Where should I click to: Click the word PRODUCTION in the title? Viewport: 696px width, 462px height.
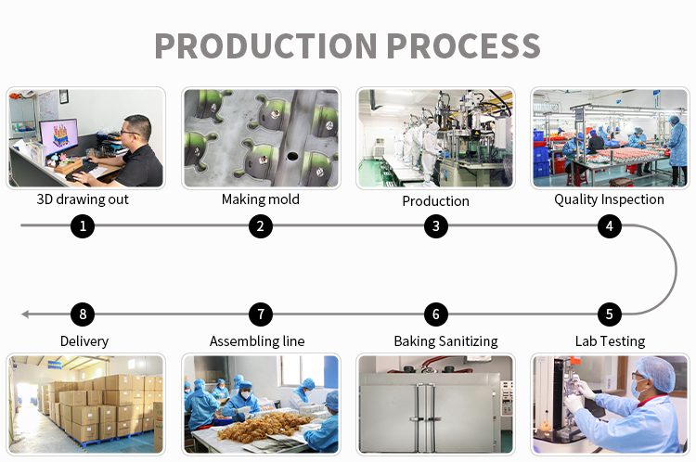click(x=265, y=45)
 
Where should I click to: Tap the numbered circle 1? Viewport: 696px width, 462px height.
click(x=83, y=225)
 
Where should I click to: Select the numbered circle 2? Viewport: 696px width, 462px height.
click(x=261, y=225)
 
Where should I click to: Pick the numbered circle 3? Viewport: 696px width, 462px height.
click(x=435, y=225)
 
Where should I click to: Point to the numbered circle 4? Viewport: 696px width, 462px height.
click(x=609, y=225)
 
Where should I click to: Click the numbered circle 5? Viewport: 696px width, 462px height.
click(x=609, y=314)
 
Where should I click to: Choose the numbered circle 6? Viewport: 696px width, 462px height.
click(x=435, y=314)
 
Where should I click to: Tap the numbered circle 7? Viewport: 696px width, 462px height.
click(x=261, y=314)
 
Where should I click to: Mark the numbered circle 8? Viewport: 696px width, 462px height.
click(x=83, y=314)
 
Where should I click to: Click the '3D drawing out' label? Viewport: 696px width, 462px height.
click(x=83, y=199)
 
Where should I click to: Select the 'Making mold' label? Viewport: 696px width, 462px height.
click(x=261, y=199)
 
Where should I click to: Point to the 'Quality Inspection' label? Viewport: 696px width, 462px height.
click(x=609, y=199)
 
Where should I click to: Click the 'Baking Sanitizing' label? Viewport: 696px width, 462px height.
click(x=445, y=341)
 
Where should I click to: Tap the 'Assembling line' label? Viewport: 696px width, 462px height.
click(x=257, y=341)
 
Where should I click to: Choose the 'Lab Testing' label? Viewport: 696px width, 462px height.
click(x=610, y=341)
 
